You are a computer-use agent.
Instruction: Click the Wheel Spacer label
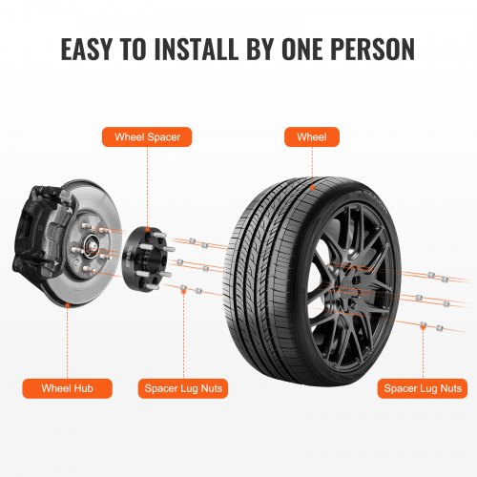(x=147, y=137)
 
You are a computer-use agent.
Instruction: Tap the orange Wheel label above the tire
(x=312, y=137)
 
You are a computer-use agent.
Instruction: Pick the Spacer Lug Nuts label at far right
(x=423, y=388)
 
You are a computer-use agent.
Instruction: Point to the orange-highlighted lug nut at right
(x=423, y=328)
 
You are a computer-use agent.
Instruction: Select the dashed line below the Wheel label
(x=312, y=162)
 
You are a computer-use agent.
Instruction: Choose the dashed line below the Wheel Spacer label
(x=147, y=181)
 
